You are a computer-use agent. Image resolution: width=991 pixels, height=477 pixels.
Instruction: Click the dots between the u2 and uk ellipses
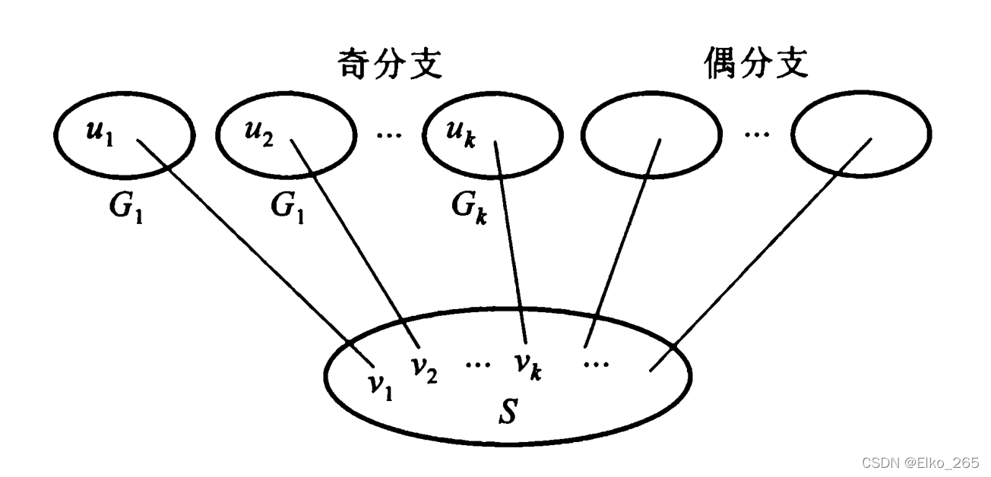click(390, 137)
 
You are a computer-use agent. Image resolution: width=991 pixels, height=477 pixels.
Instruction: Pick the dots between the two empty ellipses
click(755, 137)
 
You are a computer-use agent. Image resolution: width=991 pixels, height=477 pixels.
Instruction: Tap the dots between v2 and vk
click(478, 363)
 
